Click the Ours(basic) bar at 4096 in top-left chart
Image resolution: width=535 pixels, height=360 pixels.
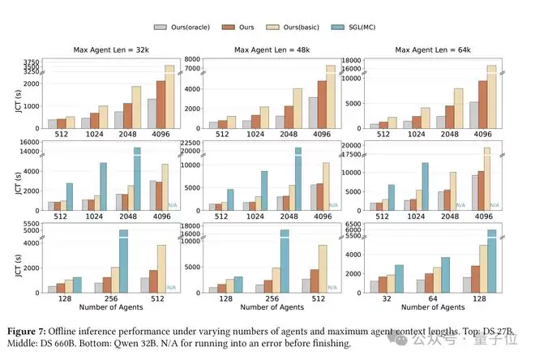click(169, 96)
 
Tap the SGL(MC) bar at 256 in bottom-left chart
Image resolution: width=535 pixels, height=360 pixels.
click(124, 259)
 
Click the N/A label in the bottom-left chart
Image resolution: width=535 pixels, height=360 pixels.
click(172, 287)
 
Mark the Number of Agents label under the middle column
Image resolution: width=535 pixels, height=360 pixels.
click(268, 307)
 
